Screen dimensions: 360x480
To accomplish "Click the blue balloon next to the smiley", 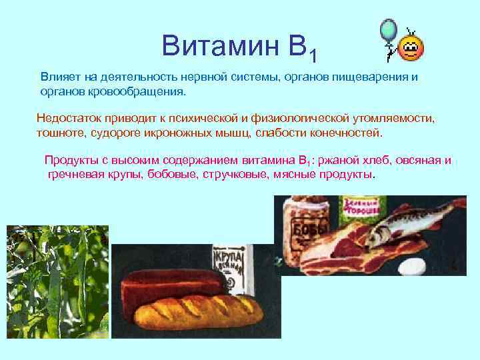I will point(388,31).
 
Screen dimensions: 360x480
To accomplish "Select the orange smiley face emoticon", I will point(411,48).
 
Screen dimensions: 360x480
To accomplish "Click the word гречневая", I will point(75,174).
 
